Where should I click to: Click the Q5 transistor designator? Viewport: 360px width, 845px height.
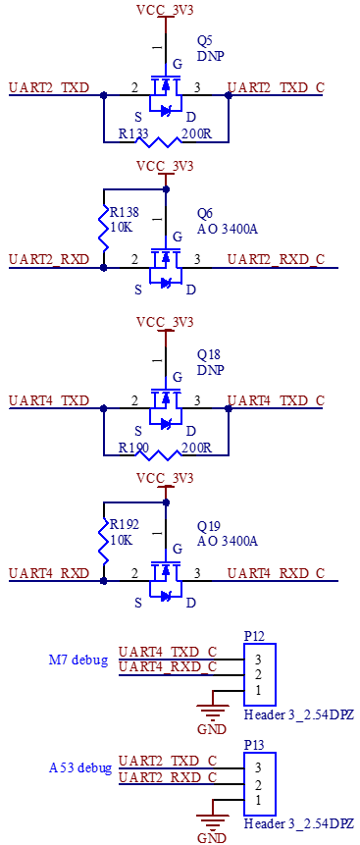click(205, 41)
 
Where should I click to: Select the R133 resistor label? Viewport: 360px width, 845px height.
click(133, 134)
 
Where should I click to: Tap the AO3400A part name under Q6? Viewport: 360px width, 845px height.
click(228, 230)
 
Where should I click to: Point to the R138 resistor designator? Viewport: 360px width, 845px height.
click(125, 212)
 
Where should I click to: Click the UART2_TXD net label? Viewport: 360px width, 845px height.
click(49, 88)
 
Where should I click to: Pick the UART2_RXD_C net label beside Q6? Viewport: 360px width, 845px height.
click(276, 260)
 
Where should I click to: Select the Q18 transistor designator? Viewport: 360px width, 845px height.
click(208, 354)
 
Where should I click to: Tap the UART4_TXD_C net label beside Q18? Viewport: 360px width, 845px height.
click(276, 401)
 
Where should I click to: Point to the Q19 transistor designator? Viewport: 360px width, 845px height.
click(208, 526)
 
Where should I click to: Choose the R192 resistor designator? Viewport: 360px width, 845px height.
click(125, 524)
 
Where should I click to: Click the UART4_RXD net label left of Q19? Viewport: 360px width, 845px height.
click(49, 573)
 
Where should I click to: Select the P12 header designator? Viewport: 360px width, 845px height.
click(254, 636)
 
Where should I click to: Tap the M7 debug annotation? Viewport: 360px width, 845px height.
click(78, 660)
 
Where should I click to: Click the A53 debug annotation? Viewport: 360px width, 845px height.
click(80, 767)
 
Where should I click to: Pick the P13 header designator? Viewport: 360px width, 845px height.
click(254, 744)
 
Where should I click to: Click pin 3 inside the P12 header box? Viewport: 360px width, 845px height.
click(258, 660)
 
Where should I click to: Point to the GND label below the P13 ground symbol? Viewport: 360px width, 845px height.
click(208, 837)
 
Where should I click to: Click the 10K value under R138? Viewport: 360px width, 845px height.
click(122, 228)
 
